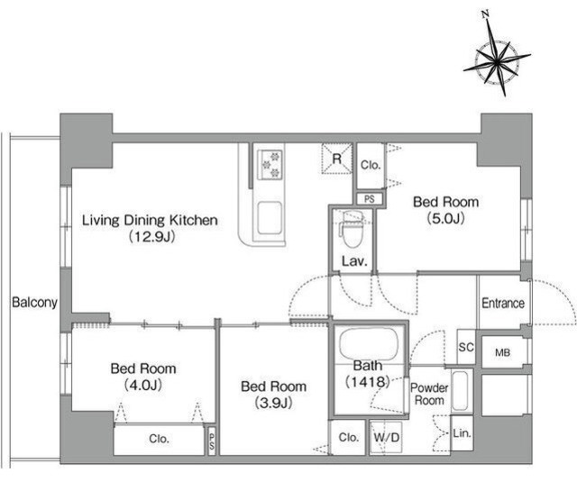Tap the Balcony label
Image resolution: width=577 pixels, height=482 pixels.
tap(34, 303)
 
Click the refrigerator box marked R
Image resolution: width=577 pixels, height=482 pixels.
tap(336, 159)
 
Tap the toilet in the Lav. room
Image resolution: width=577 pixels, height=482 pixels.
tap(352, 233)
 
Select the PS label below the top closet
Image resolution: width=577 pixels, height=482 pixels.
tap(370, 199)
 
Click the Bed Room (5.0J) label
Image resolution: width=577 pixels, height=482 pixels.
tap(445, 209)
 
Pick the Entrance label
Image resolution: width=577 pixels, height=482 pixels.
tap(502, 304)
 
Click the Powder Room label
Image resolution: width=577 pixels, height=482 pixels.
tap(429, 394)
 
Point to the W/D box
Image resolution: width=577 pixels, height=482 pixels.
tap(388, 439)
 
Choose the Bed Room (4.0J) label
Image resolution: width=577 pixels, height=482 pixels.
tap(143, 377)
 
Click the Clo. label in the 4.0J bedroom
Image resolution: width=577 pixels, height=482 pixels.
tap(159, 439)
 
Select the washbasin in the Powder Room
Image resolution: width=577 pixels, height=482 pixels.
tap(460, 390)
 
